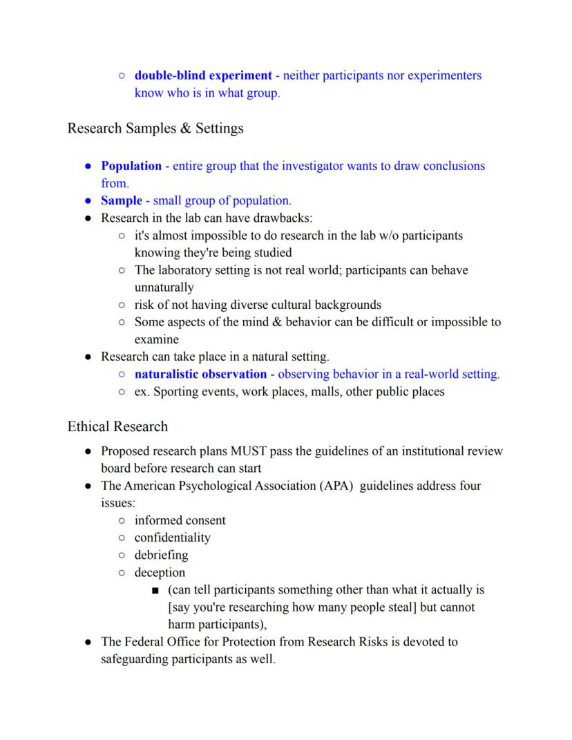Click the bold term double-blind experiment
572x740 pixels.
[x=203, y=75]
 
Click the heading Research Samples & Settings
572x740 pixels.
[x=155, y=129]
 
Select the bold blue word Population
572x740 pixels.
[x=131, y=166]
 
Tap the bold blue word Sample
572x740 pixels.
[x=121, y=200]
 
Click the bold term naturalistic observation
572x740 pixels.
[x=200, y=374]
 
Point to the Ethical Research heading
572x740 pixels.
[x=117, y=426]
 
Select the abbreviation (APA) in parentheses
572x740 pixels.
[x=339, y=486]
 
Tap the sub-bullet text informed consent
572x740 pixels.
[x=180, y=520]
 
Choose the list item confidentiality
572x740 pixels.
[x=172, y=538]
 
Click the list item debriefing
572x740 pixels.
[x=161, y=555]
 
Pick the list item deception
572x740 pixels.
[x=160, y=572]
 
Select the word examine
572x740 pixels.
[x=156, y=339]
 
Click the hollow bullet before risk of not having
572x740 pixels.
[x=121, y=305]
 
